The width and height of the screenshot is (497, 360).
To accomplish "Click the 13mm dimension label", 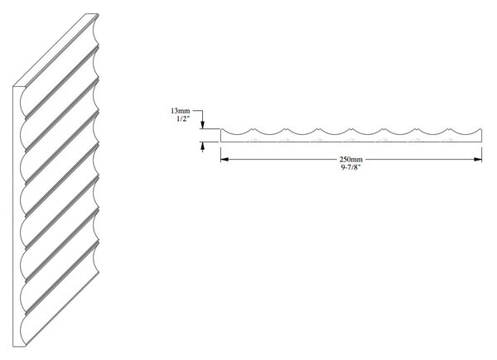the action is [x=181, y=111].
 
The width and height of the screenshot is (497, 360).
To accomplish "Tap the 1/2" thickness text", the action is [x=183, y=119].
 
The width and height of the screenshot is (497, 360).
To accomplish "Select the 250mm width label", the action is [x=351, y=159].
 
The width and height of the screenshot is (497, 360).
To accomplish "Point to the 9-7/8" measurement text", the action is [x=351, y=167].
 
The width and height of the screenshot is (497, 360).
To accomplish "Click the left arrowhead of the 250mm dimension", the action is [x=224, y=159].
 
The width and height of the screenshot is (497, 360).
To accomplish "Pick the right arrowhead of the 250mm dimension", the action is [x=478, y=159].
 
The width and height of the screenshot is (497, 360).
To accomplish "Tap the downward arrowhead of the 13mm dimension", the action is [x=203, y=125].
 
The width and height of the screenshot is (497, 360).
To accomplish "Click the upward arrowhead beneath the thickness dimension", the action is [x=203, y=146].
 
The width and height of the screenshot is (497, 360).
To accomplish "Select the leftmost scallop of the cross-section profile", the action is [x=237, y=132].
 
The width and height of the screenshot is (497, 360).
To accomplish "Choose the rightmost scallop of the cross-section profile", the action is [x=466, y=132].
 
